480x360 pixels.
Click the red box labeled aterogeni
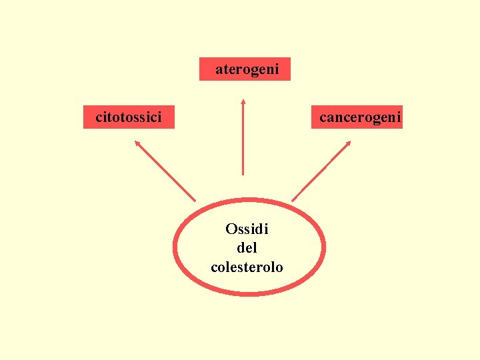245,69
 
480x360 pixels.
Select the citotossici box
129,117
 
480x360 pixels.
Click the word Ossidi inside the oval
247,229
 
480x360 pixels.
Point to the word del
247,248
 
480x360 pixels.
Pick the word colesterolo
247,267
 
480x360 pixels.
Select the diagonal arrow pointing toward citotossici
165,170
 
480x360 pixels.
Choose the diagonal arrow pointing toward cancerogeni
321,170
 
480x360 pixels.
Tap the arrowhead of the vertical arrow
243,101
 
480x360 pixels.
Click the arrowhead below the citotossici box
137,142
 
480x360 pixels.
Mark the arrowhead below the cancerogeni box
349,143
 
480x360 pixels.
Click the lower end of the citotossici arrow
195,199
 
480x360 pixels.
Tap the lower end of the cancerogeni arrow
293,199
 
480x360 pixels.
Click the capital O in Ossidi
231,229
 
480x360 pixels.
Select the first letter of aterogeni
219,69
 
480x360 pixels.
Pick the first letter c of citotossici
99,118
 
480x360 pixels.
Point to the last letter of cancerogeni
399,117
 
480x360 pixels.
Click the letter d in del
241,248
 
